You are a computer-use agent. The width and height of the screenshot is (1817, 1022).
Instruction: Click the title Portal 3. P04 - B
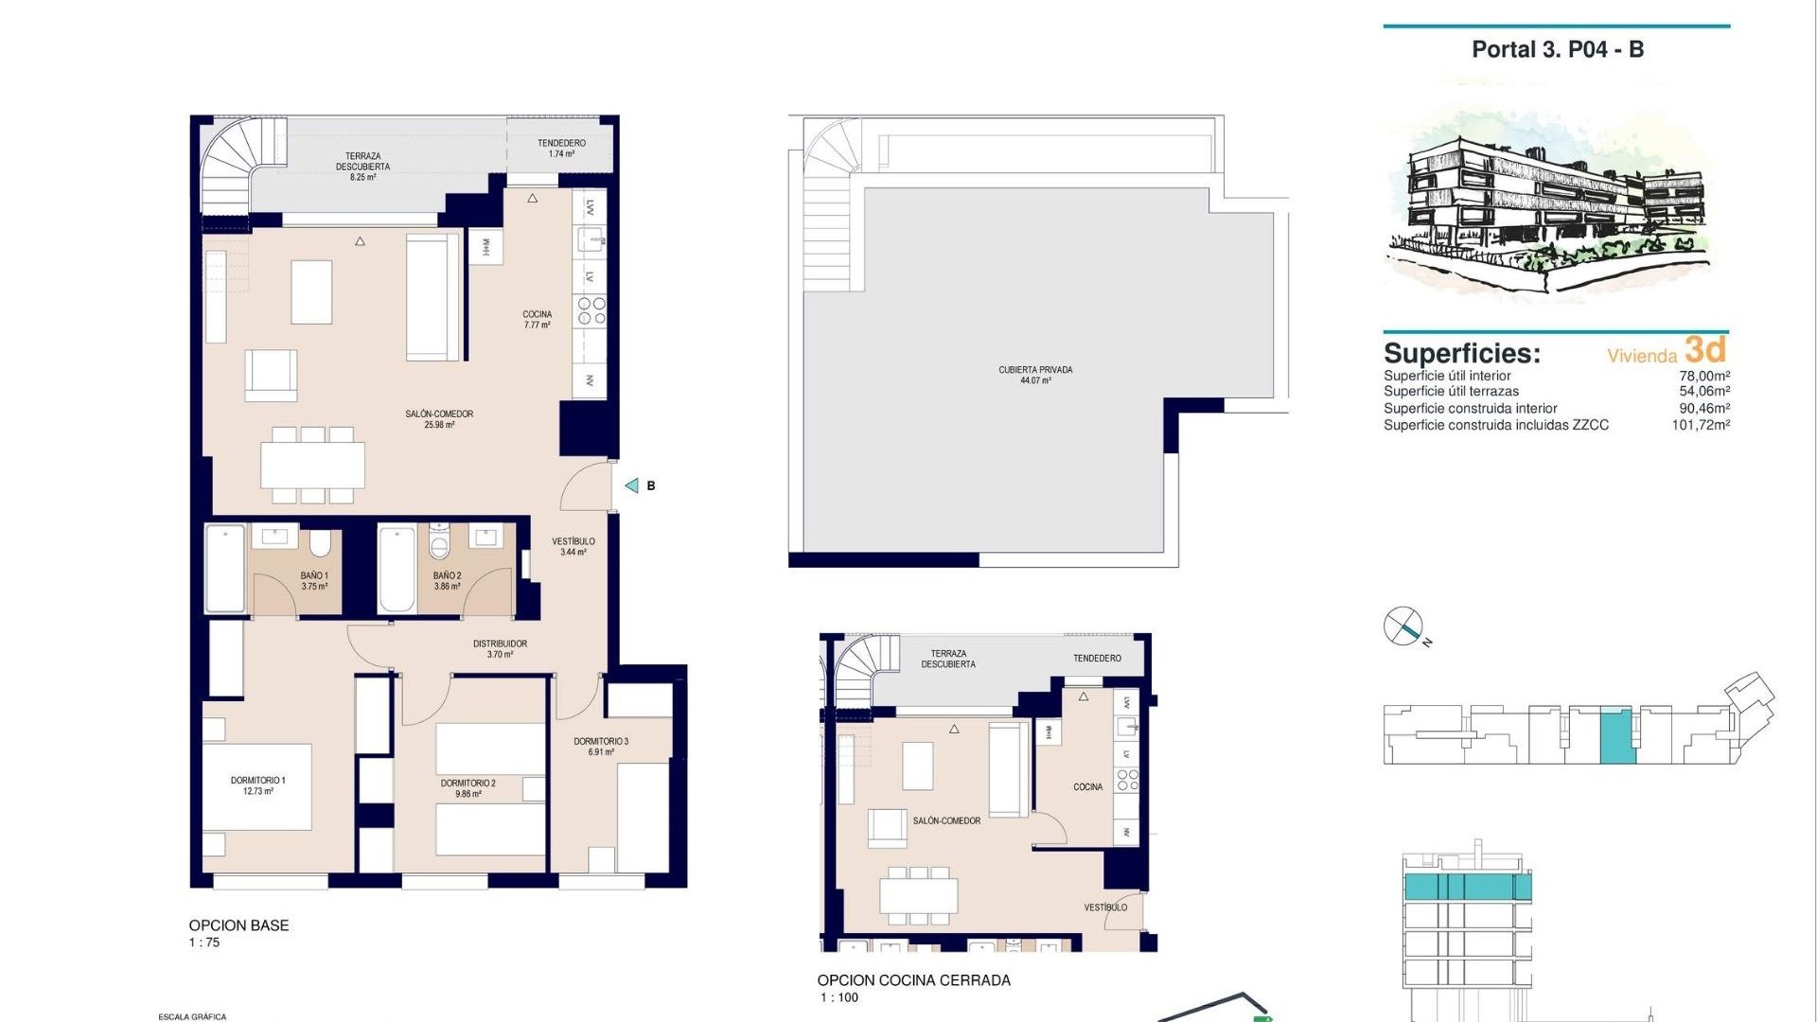1557,50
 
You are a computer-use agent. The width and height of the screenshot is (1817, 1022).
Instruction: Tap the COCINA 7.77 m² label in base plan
537,320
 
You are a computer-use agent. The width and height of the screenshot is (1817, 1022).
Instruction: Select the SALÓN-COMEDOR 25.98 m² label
439,419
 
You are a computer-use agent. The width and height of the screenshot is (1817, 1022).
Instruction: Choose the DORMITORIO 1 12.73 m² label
257,785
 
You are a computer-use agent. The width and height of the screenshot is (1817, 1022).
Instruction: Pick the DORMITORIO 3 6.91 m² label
601,747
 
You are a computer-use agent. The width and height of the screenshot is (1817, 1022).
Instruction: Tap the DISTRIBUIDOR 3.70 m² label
500,649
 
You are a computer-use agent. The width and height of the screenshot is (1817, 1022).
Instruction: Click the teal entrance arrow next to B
631,485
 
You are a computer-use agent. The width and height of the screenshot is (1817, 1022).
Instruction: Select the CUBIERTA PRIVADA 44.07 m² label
1035,375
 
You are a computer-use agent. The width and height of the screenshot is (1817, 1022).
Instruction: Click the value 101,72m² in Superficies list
1701,425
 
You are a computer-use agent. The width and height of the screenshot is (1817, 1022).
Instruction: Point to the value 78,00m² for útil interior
1704,376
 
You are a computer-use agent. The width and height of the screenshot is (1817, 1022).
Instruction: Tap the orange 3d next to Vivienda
1705,350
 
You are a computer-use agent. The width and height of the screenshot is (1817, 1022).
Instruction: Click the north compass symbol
1403,626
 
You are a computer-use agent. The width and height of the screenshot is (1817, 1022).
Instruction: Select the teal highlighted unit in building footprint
1616,735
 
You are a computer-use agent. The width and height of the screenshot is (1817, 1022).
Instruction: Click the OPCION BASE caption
238,925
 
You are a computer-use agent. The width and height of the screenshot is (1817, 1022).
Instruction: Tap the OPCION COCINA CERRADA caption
913,980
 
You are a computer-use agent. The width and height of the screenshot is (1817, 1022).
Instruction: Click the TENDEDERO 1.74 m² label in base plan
561,148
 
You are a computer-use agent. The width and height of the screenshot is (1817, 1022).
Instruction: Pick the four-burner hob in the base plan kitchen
591,311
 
